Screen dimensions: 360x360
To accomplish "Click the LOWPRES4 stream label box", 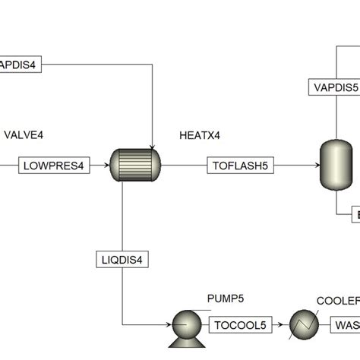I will [54, 164].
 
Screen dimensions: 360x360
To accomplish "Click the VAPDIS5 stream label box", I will [334, 87].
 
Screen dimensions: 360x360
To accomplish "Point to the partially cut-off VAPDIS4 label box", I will [21, 65].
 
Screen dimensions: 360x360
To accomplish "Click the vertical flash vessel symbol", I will [334, 163].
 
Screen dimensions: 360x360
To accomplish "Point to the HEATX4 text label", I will [199, 135].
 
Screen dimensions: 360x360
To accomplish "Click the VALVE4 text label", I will [24, 135].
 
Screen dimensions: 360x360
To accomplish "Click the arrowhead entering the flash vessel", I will [317, 164].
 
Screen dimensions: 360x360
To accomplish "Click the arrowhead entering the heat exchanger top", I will [154, 146].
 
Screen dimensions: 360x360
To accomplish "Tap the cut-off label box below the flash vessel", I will [354, 216].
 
